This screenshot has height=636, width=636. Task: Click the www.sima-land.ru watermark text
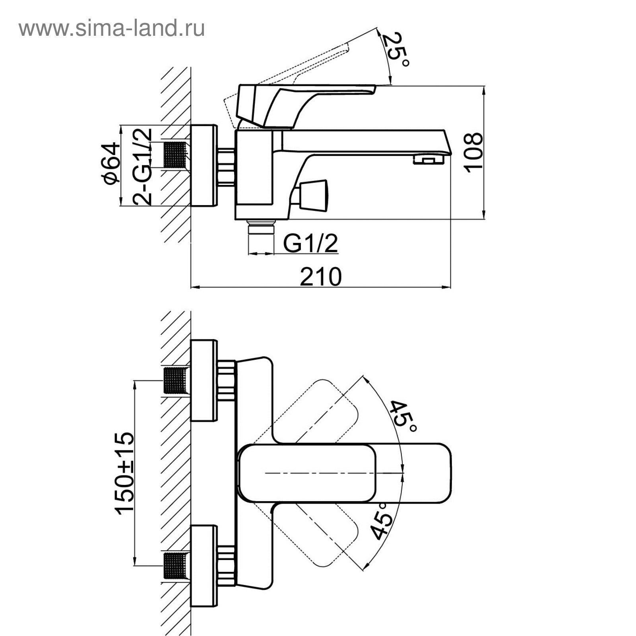112,29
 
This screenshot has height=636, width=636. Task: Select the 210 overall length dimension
320,277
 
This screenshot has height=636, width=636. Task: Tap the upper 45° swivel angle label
403,417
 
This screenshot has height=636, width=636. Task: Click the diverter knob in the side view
313,194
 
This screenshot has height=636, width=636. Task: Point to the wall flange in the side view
204,166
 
